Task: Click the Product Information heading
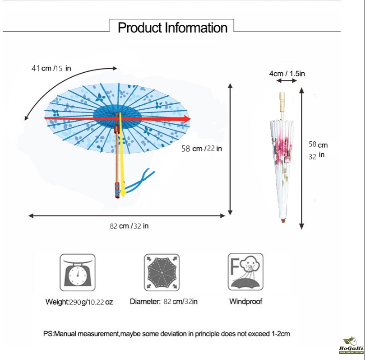coord(172,28)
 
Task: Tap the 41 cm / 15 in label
coord(51,68)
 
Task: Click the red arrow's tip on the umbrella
coord(190,119)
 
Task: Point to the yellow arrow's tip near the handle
coord(123,196)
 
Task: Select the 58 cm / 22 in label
coord(202,149)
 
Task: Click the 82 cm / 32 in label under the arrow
coord(129,226)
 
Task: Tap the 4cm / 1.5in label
coord(287,74)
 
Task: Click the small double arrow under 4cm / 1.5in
coord(286,80)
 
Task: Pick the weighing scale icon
coord(78,272)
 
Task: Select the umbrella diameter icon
coord(162,272)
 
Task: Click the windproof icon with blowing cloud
coord(245,272)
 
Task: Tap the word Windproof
coord(245,301)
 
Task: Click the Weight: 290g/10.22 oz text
coord(79,302)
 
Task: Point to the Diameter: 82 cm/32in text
coord(164,302)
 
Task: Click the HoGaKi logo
coord(351,346)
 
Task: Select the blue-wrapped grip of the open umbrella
coord(117,190)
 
